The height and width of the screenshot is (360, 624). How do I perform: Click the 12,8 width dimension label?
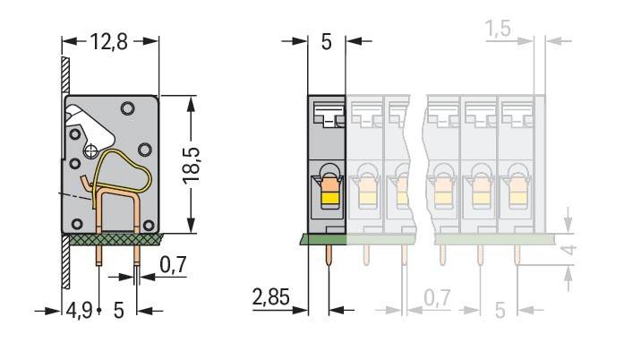pos(108,41)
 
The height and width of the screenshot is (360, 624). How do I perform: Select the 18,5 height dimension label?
pos(192,166)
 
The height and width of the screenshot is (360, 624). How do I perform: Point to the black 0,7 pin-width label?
pos(173,265)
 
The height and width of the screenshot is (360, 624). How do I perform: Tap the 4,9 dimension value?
pos(79,310)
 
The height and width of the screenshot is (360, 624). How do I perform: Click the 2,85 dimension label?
pos(271,297)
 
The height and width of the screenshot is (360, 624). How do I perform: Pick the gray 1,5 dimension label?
pos(499,29)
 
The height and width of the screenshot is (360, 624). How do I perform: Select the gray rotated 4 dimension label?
pos(569,250)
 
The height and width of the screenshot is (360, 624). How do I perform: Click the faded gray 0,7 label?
pos(437,298)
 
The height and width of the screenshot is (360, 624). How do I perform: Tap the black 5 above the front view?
pos(326,42)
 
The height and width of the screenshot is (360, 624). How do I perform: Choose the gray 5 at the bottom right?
pos(500,310)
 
